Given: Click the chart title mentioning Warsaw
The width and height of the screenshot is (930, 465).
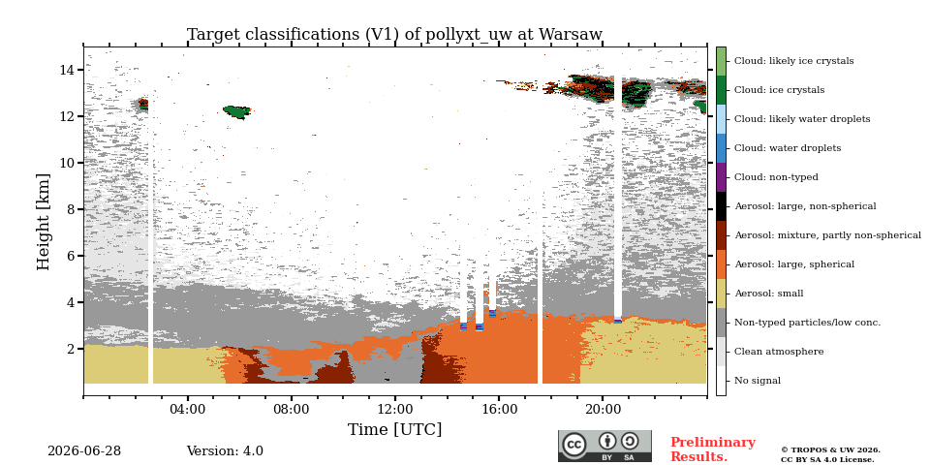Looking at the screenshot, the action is (x=394, y=35).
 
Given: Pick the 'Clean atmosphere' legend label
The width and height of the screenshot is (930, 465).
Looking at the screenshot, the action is (x=779, y=352).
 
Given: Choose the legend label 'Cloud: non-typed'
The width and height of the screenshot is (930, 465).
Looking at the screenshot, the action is (x=776, y=177).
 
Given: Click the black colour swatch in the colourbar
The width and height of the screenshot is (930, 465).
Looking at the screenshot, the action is (x=721, y=206).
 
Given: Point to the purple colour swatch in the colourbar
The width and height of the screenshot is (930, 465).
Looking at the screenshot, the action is (x=721, y=177).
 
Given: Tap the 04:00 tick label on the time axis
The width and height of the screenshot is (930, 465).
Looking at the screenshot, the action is (x=187, y=410).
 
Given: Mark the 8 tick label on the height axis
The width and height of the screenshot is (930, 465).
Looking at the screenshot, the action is (x=74, y=209).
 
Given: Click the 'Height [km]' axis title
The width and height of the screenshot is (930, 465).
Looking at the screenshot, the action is (x=44, y=222).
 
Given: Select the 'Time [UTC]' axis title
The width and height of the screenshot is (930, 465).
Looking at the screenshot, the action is (x=394, y=429).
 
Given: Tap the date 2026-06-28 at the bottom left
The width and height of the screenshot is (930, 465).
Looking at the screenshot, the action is (x=84, y=451).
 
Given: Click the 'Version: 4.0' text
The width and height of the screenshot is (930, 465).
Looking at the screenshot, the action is (x=225, y=451).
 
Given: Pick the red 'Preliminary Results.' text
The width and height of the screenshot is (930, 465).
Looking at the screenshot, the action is (x=712, y=449).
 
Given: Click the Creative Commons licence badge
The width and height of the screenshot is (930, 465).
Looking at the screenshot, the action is (x=604, y=446).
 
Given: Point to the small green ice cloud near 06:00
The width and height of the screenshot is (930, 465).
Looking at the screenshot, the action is (x=237, y=111).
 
